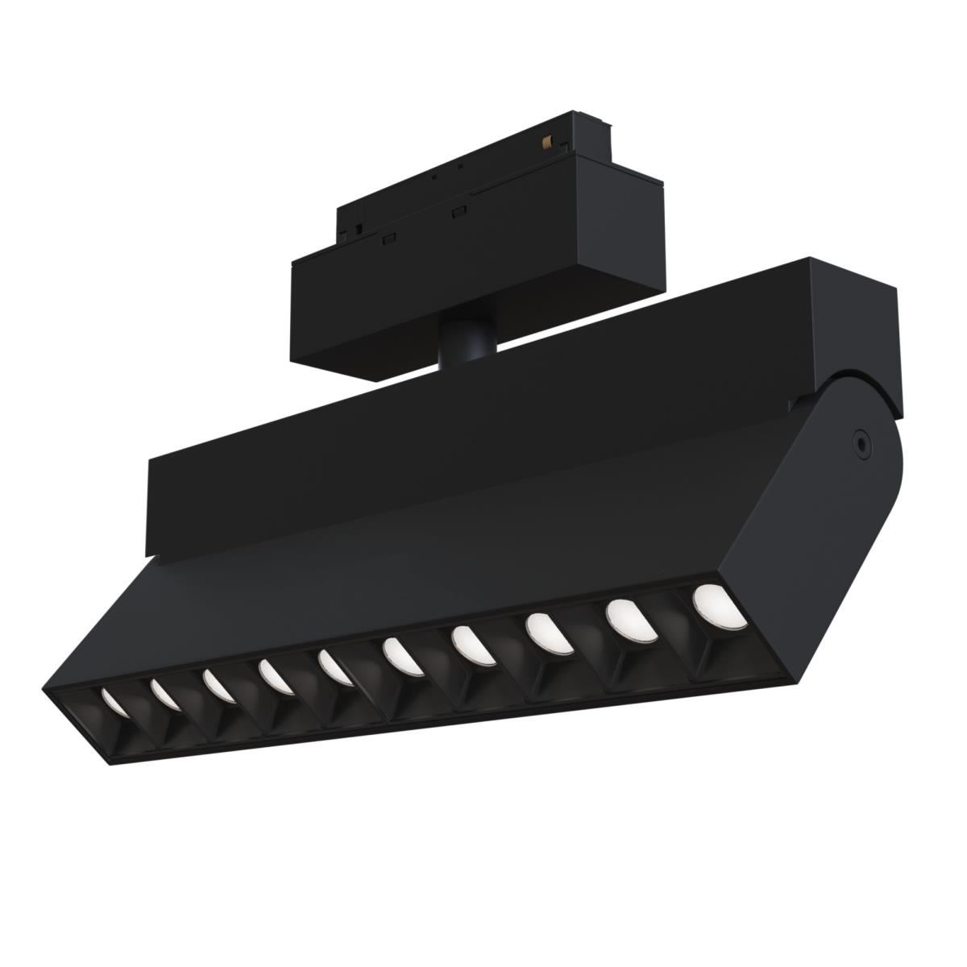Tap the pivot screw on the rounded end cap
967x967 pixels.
click(862, 441)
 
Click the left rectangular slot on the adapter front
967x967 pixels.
click(388, 238)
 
